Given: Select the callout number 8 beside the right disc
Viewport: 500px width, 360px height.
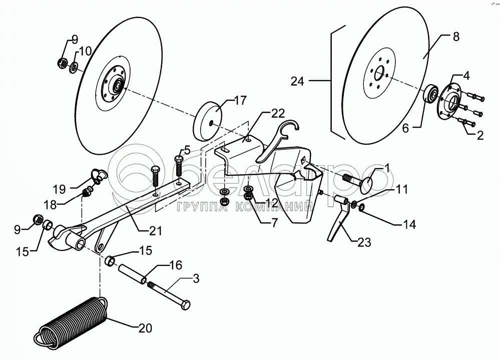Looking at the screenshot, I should (x=455, y=37).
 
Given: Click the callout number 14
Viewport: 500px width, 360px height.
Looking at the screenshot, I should (x=410, y=224).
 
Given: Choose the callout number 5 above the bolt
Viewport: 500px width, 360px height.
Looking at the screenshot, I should (x=187, y=149).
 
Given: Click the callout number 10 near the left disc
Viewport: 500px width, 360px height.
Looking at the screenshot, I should (x=85, y=51).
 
